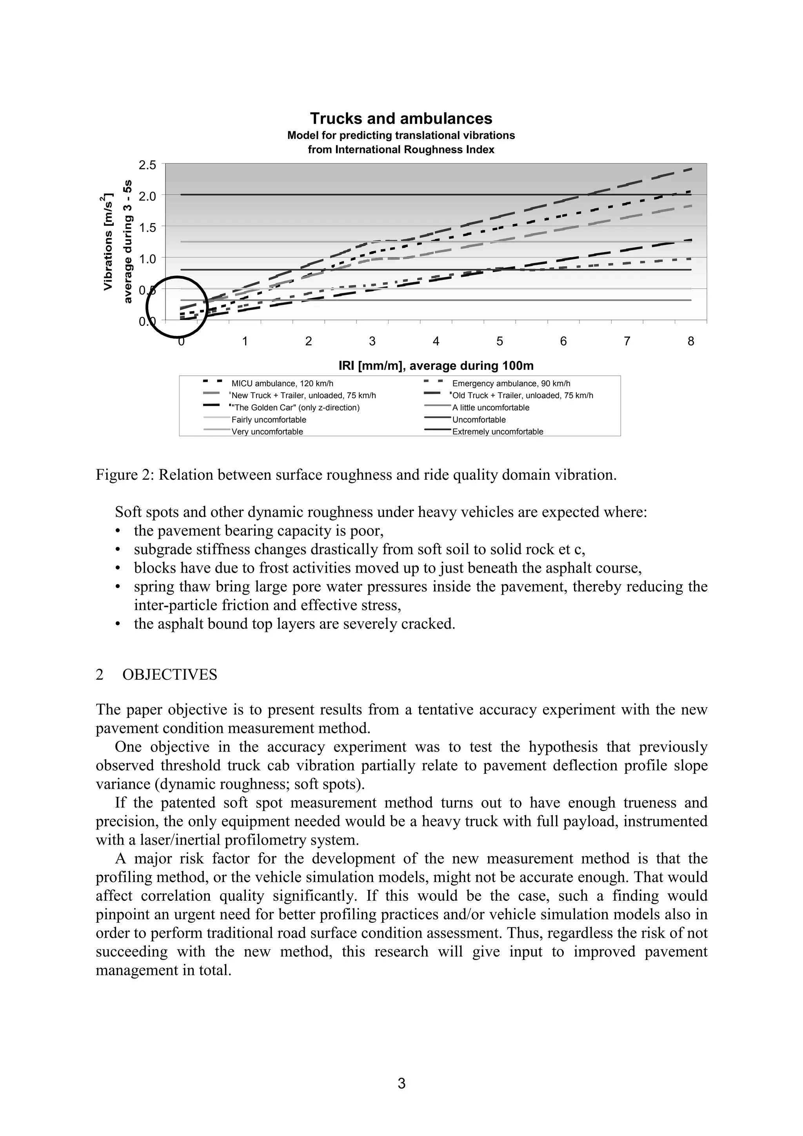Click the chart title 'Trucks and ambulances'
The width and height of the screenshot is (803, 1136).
tap(401, 119)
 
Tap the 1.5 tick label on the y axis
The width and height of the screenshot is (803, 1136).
tap(147, 228)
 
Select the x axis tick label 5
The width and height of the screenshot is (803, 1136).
tap(500, 341)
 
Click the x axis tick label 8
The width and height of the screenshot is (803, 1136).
tap(691, 341)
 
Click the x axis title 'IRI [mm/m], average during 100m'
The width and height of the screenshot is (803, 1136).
tap(436, 366)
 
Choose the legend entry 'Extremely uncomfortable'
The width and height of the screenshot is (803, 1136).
tap(497, 432)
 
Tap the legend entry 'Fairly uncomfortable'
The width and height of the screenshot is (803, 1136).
tap(269, 419)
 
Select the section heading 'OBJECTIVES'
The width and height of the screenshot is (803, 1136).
tap(170, 675)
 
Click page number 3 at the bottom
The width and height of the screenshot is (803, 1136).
tap(401, 1084)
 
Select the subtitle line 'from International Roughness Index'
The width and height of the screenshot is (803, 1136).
tap(401, 149)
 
